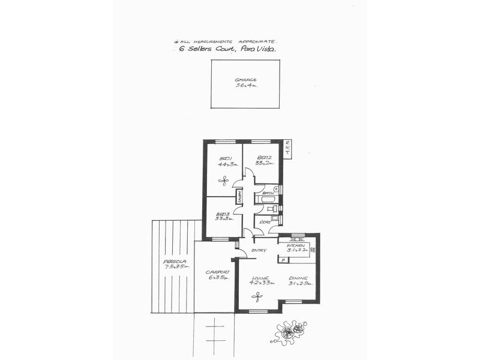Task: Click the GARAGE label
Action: pyautogui.click(x=245, y=79)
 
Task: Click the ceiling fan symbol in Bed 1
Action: pyautogui.click(x=224, y=179)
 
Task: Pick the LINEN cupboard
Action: pyautogui.click(x=239, y=197)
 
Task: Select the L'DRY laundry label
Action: pyautogui.click(x=265, y=222)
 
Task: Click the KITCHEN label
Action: pyautogui.click(x=296, y=246)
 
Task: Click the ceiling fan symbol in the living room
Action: pyautogui.click(x=258, y=296)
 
